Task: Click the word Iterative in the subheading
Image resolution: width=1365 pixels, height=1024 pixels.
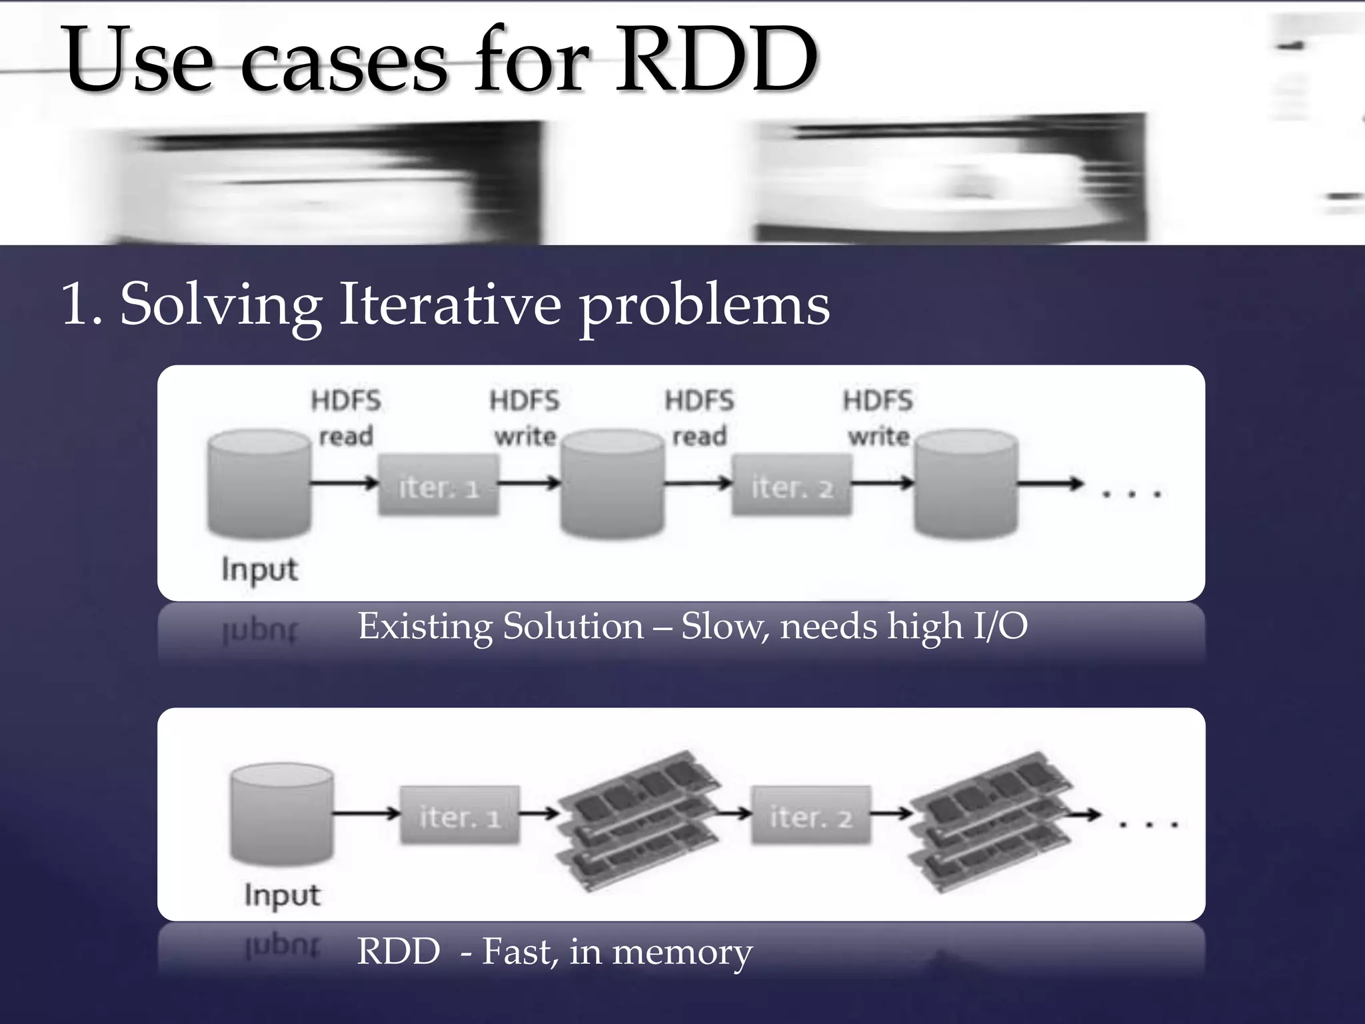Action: (451, 304)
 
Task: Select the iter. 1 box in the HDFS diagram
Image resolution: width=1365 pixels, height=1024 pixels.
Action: (439, 485)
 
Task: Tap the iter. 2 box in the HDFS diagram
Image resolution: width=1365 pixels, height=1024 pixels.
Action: (791, 485)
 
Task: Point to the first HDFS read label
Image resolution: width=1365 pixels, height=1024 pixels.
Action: (345, 418)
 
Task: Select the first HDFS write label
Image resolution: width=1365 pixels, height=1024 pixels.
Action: (525, 418)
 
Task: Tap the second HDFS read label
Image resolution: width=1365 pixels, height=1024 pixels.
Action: (699, 418)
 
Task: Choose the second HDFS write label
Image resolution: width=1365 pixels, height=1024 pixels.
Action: (878, 418)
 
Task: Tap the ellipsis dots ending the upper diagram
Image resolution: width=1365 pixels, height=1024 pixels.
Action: (1131, 494)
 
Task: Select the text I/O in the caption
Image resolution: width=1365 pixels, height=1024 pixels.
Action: (1000, 627)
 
